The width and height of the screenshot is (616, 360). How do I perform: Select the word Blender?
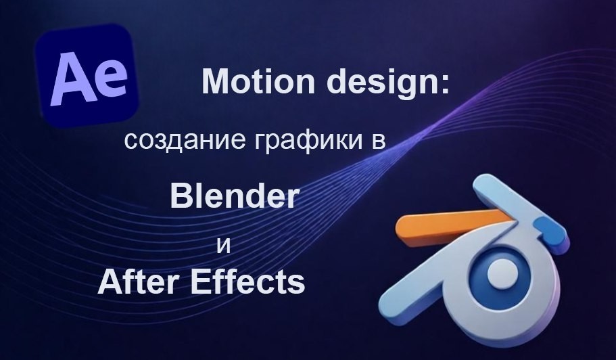click(234, 196)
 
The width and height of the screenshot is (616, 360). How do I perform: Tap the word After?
click(139, 282)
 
